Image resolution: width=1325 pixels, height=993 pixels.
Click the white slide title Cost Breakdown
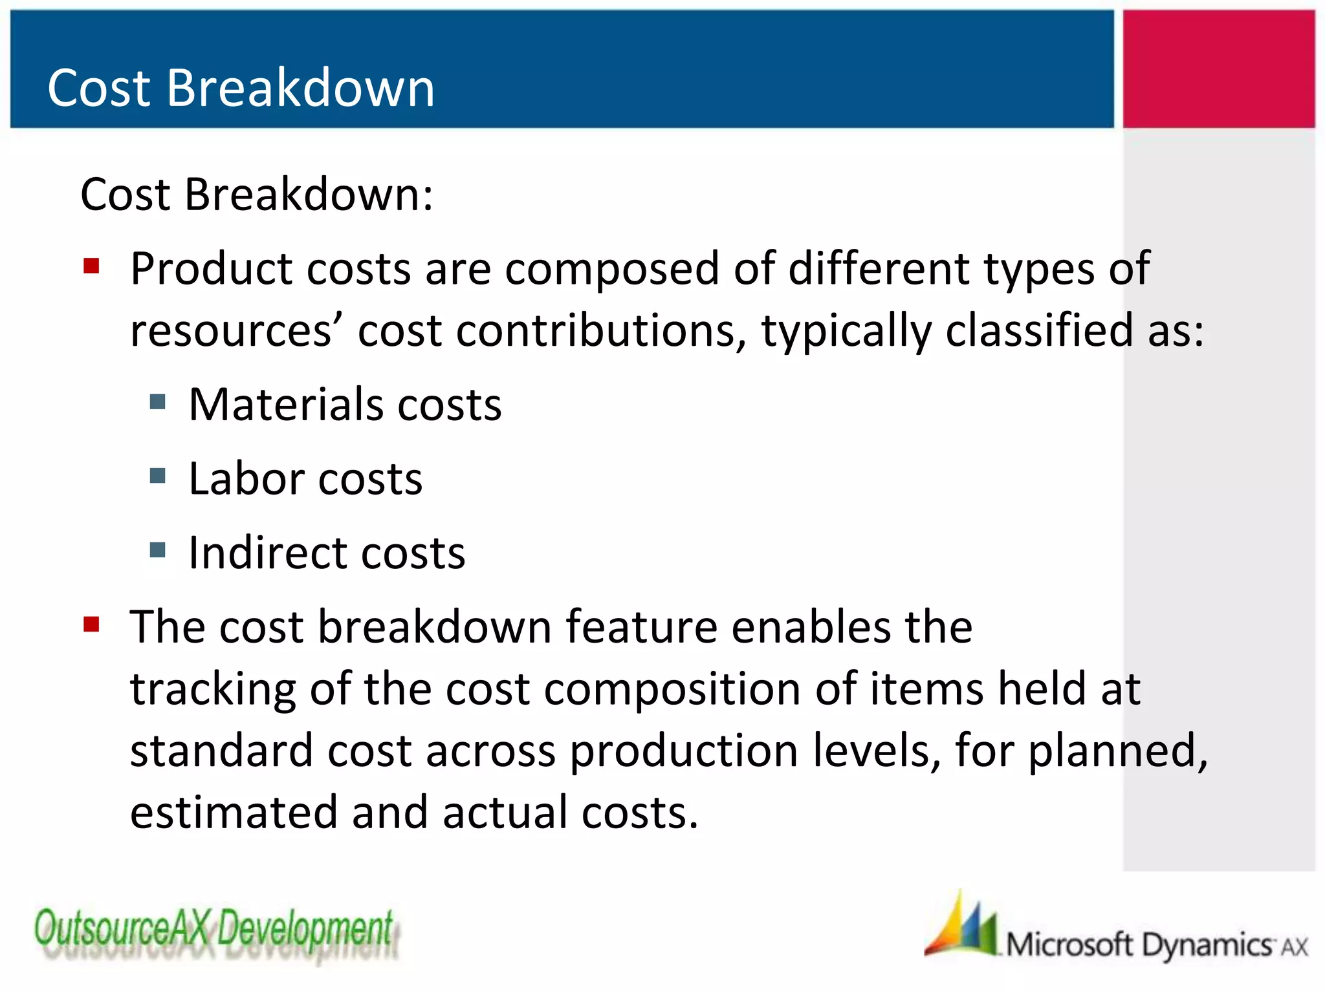click(x=241, y=88)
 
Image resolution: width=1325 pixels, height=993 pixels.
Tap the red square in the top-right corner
click(x=1218, y=69)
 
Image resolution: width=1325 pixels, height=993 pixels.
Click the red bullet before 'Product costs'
click(x=91, y=266)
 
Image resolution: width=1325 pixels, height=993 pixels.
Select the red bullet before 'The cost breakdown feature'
click(x=91, y=625)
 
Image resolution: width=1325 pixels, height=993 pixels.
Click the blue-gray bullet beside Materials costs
click(x=157, y=402)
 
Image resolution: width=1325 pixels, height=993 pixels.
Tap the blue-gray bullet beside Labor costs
click(x=157, y=476)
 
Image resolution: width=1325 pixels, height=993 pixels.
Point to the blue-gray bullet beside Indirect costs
click(x=157, y=550)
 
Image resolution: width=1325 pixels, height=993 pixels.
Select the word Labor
click(x=246, y=479)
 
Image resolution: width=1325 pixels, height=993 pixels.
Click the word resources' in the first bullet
click(x=237, y=331)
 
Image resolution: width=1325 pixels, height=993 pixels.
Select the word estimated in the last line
click(x=234, y=813)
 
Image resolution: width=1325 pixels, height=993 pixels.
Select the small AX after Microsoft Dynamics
click(x=1295, y=948)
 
